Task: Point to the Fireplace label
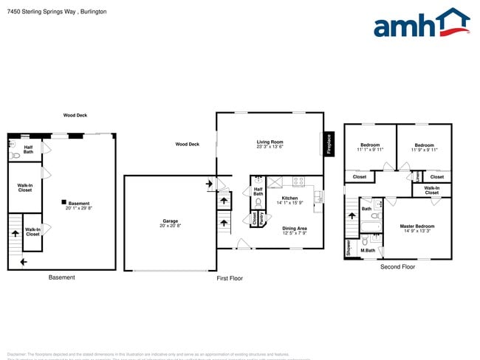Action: (x=329, y=144)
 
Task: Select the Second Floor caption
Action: (x=398, y=266)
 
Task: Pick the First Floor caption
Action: (x=230, y=278)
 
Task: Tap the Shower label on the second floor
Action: (x=349, y=248)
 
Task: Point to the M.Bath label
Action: (x=368, y=251)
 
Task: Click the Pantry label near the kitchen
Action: (x=261, y=218)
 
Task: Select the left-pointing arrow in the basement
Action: (x=24, y=261)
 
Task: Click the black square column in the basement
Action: (x=64, y=202)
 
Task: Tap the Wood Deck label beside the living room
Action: (x=188, y=145)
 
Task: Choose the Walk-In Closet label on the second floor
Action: (x=432, y=190)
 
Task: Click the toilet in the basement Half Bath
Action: (x=15, y=156)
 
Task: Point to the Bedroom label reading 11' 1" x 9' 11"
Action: (x=369, y=148)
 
